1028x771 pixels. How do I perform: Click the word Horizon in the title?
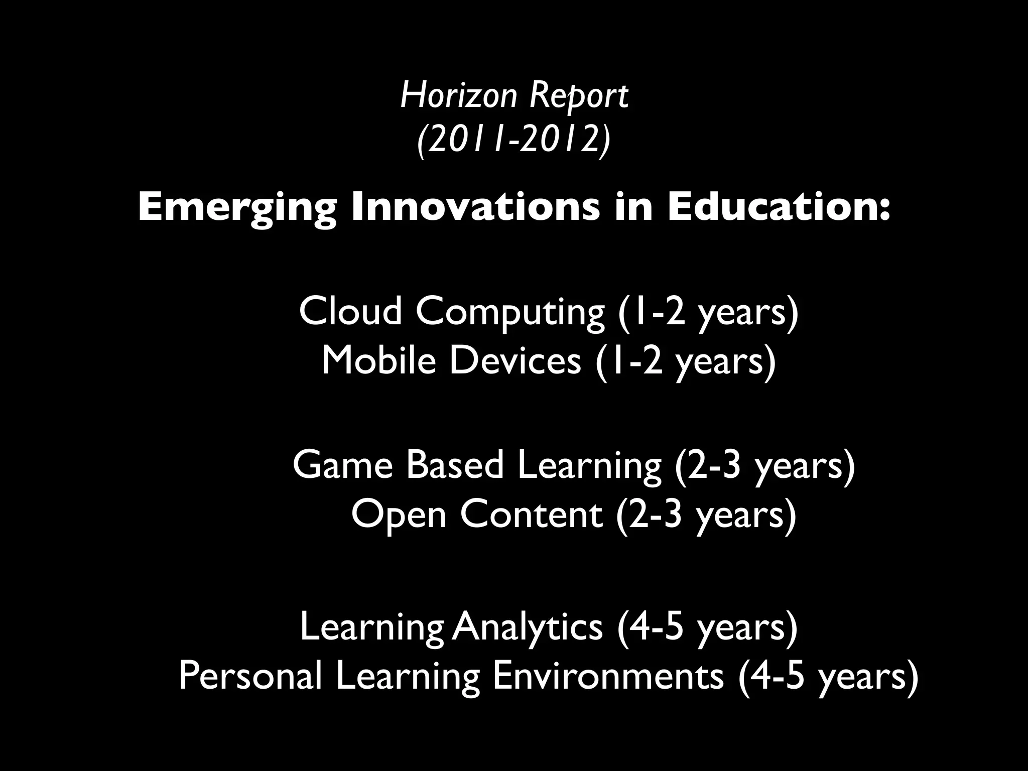tap(458, 95)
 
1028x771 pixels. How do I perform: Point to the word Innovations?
tap(475, 207)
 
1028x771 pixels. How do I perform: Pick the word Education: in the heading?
tap(779, 207)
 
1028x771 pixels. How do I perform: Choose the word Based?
tap(455, 464)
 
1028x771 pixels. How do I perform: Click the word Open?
tap(399, 516)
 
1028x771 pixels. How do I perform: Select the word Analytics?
tap(527, 628)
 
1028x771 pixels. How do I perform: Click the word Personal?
tap(250, 676)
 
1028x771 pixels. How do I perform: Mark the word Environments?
tap(608, 676)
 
